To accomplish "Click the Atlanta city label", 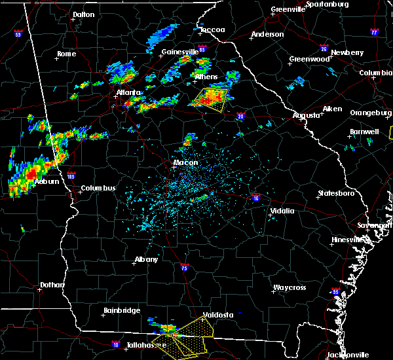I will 128,92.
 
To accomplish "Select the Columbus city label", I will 98,189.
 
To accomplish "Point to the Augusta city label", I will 306,115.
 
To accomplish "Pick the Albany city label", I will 146,259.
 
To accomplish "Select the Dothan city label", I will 52,285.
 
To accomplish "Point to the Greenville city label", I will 288,10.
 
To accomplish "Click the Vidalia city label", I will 283,211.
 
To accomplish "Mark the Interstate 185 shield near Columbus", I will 71,176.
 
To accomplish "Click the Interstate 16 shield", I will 255,197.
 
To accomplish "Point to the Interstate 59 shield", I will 18,33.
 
